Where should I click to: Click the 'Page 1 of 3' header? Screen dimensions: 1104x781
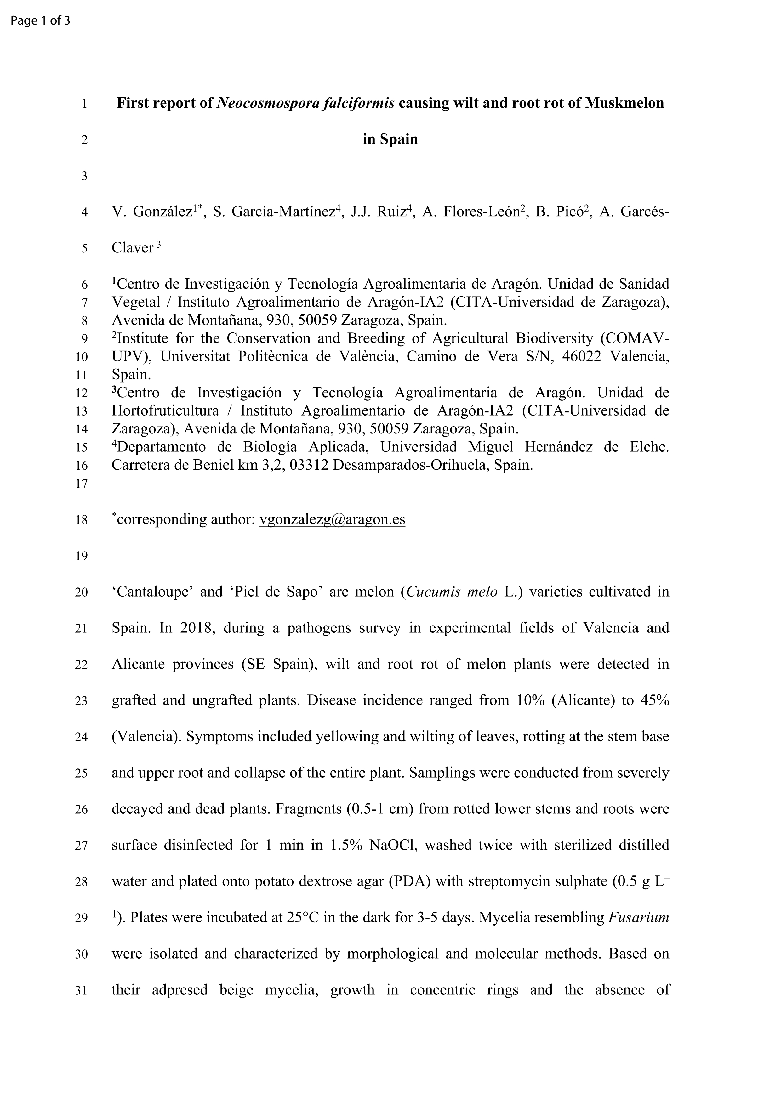coord(40,21)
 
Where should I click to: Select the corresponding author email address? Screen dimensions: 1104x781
coord(332,520)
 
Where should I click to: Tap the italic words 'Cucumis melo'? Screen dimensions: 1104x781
coord(452,592)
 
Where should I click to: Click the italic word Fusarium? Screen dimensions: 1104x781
coord(639,918)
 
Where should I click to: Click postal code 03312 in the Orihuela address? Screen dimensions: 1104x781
coord(306,466)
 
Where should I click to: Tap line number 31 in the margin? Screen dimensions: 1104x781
coord(82,991)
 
